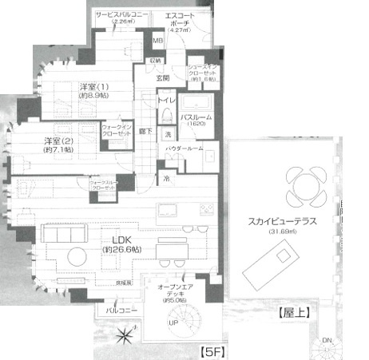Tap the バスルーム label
[196, 117]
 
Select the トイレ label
[166, 101]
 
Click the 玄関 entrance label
[162, 78]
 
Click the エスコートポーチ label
[192, 20]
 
